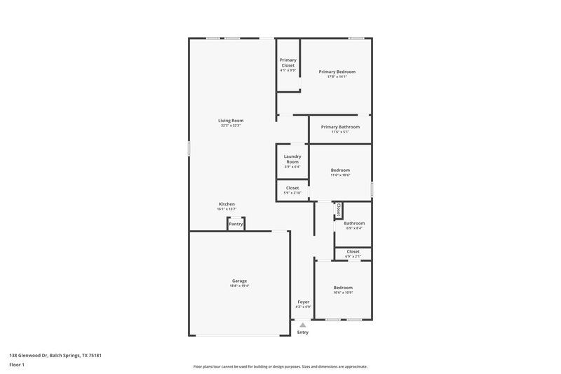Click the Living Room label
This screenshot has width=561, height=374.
(x=231, y=121)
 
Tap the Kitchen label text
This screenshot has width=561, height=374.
(x=226, y=204)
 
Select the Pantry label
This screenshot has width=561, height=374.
(x=236, y=224)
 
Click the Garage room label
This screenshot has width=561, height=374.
(x=239, y=281)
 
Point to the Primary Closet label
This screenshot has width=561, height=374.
(x=288, y=62)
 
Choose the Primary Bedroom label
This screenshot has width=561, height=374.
(x=337, y=72)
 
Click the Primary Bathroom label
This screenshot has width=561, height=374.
(x=340, y=127)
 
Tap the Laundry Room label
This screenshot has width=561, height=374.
(x=292, y=159)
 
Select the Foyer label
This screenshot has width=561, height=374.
(x=303, y=302)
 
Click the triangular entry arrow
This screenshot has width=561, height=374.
(x=302, y=325)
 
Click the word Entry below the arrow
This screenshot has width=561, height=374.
(x=302, y=333)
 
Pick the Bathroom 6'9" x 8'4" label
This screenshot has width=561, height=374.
(x=354, y=223)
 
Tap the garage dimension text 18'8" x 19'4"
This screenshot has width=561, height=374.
(x=239, y=286)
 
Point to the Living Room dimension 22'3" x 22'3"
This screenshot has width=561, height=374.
(x=231, y=126)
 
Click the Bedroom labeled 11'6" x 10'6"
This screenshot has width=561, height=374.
(x=340, y=170)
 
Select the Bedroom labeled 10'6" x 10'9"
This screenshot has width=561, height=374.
(x=343, y=288)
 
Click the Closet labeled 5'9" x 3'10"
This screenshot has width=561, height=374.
(x=292, y=188)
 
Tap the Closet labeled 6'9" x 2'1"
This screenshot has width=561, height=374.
(x=353, y=251)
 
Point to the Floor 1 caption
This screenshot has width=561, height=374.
(x=17, y=366)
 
